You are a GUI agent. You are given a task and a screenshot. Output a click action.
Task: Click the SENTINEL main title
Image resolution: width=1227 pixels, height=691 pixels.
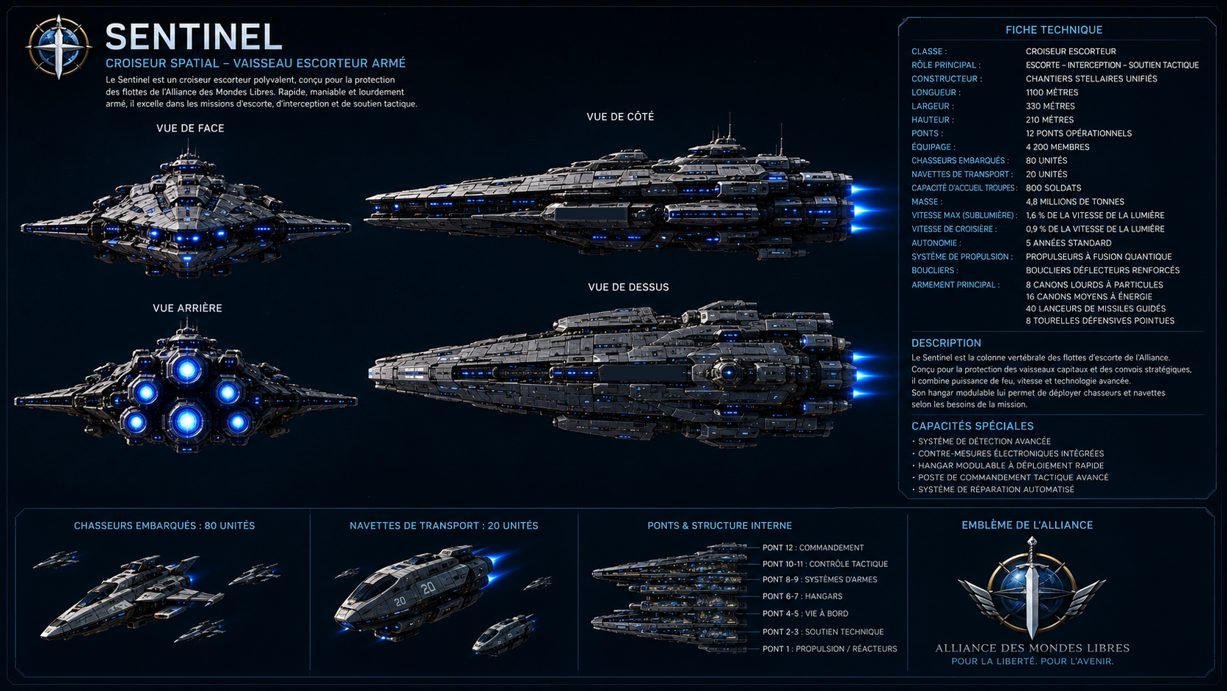tap(193, 37)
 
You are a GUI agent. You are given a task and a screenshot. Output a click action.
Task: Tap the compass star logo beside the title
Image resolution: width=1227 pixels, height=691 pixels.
tap(59, 47)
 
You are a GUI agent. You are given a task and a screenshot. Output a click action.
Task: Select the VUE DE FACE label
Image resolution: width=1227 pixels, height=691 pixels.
tap(190, 129)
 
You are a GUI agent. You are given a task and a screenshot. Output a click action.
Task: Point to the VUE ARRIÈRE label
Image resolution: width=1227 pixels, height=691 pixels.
tap(187, 308)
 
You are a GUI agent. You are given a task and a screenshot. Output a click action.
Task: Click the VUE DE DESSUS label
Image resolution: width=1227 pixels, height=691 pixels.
tap(628, 287)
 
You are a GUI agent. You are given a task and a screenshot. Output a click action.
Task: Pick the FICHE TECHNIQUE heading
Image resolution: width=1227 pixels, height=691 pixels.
tap(1054, 29)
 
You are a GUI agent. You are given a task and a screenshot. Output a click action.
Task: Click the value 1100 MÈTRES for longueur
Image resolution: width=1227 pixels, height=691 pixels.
tap(1052, 93)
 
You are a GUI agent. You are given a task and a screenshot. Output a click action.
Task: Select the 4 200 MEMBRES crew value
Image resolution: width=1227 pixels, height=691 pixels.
tap(1057, 147)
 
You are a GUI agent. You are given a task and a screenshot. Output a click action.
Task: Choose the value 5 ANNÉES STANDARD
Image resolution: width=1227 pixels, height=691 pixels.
tap(1068, 243)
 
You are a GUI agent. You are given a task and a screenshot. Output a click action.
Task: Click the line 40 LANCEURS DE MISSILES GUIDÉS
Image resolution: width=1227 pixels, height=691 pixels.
tap(1096, 308)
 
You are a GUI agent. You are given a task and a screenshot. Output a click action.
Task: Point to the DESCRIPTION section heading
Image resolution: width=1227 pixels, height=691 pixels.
tap(946, 343)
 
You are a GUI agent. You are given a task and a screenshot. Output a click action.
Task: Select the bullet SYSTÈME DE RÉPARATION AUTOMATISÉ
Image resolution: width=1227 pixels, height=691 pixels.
tap(996, 489)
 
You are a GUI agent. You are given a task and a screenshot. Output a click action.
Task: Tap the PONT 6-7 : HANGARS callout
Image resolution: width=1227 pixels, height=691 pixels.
tap(802, 596)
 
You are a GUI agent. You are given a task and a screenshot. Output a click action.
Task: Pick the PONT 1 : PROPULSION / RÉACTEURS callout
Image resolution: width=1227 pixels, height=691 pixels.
tap(829, 649)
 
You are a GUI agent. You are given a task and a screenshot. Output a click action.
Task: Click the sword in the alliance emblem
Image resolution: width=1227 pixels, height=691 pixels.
tap(1032, 589)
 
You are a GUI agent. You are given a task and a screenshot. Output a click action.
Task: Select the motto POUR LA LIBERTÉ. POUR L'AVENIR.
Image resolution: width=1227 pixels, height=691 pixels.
tap(1032, 662)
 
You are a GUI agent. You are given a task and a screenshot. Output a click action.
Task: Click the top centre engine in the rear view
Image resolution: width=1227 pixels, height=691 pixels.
tap(187, 371)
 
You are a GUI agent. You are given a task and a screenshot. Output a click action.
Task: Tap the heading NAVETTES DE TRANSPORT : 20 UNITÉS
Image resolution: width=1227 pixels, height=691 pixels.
tap(444, 526)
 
